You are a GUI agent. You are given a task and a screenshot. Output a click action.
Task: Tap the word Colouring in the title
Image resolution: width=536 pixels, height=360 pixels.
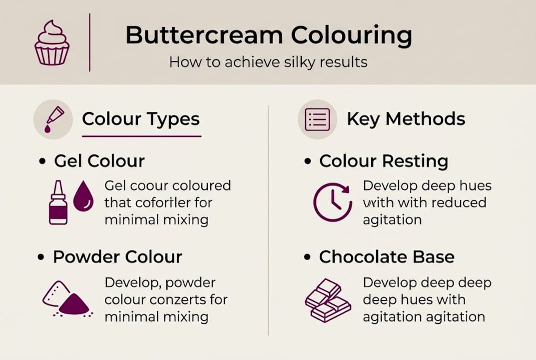(x=352, y=36)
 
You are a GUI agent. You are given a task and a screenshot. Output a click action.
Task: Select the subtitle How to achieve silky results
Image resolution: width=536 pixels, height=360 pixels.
(x=268, y=62)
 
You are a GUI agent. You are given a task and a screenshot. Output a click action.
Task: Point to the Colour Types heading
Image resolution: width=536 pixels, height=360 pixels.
(x=141, y=119)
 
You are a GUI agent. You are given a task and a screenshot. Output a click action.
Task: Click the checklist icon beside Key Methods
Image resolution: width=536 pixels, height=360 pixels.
(x=317, y=119)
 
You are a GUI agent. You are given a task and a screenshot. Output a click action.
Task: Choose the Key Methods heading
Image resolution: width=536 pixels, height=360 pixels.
(x=406, y=119)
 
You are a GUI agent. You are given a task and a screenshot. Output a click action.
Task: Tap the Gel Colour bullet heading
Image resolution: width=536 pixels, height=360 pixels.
(x=99, y=161)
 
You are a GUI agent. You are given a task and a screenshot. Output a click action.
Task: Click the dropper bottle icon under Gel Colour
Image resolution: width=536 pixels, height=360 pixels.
(x=58, y=202)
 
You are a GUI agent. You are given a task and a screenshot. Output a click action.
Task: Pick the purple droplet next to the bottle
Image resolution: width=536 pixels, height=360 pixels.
(x=83, y=197)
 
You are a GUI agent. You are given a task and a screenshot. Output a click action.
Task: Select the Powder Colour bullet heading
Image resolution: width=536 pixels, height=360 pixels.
(x=117, y=257)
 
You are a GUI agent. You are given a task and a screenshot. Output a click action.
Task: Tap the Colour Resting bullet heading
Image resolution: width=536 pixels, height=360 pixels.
(x=384, y=161)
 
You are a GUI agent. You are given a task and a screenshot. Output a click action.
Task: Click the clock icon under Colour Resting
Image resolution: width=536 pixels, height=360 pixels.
(x=332, y=202)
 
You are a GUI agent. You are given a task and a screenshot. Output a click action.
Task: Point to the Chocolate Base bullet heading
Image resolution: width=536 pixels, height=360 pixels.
(x=387, y=257)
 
